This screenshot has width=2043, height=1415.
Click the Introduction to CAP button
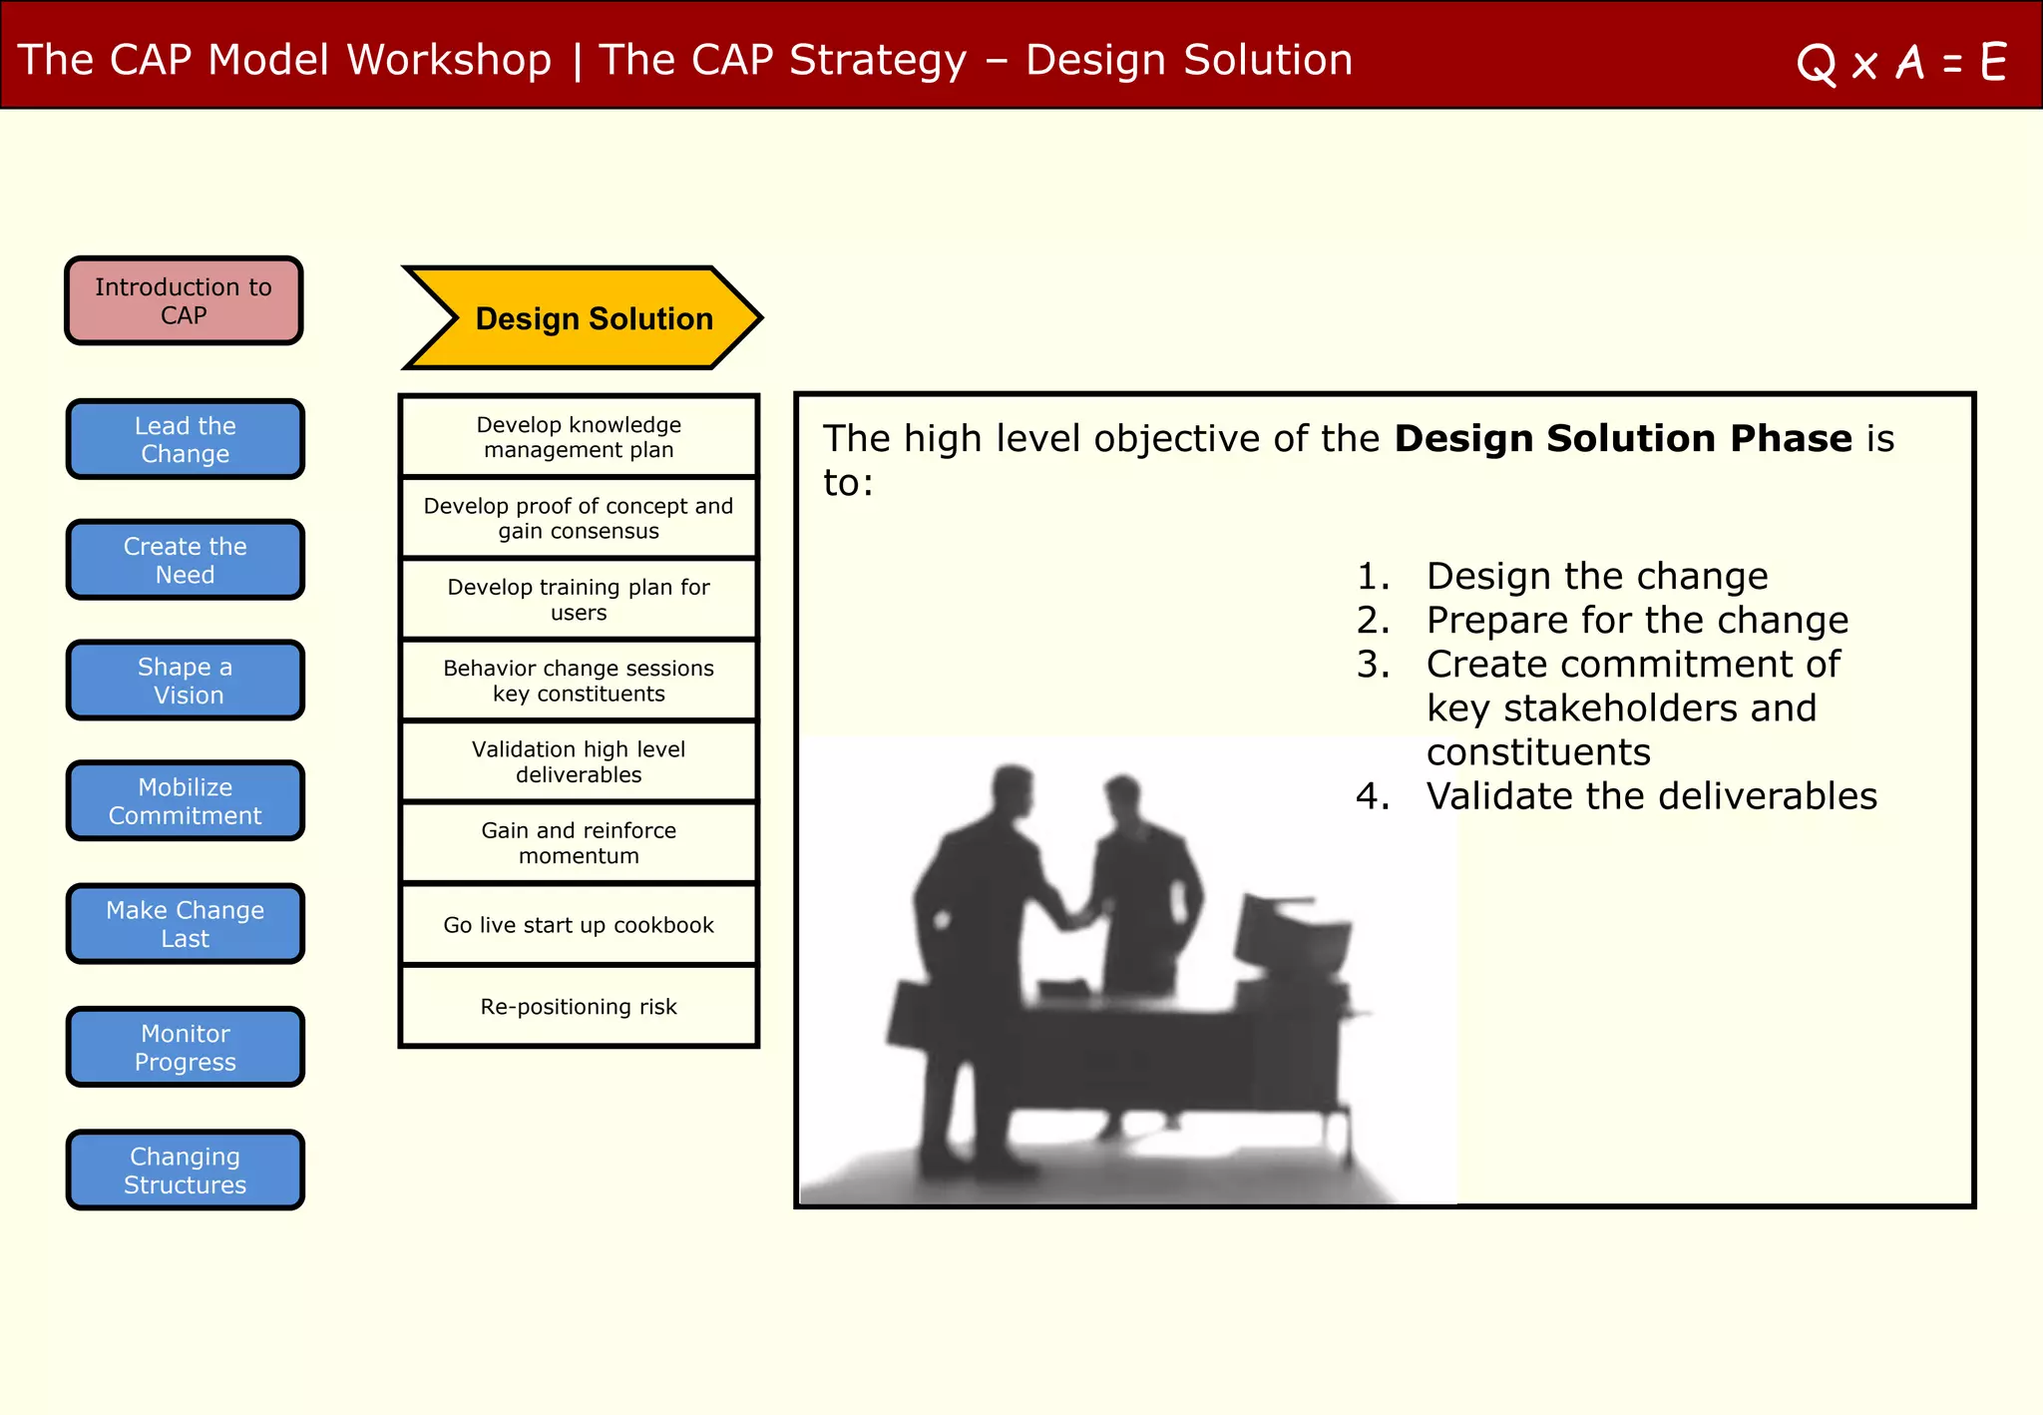(x=184, y=300)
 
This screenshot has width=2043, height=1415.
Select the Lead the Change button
(x=185, y=439)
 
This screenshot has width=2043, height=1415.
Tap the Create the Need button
(x=185, y=560)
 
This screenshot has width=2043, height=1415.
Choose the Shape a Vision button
(x=185, y=681)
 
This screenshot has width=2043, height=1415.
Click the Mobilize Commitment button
(x=185, y=801)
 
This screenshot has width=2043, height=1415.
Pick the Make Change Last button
(x=185, y=924)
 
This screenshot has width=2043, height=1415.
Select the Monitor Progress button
(x=185, y=1047)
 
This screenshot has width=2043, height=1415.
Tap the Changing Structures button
(x=185, y=1170)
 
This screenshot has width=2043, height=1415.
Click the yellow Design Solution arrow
(x=584, y=318)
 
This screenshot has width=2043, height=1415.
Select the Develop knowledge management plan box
(x=579, y=437)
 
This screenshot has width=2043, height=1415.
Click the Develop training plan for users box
(x=579, y=600)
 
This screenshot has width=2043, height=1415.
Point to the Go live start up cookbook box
(x=579, y=925)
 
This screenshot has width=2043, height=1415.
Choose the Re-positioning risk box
(x=579, y=1006)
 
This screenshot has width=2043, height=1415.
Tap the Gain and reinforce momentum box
(x=579, y=843)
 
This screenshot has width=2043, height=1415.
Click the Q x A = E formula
(x=1900, y=63)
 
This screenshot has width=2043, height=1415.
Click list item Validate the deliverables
(x=1651, y=796)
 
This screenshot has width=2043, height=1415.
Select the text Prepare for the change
(x=1636, y=621)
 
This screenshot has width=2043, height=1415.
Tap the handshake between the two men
(x=1077, y=913)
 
